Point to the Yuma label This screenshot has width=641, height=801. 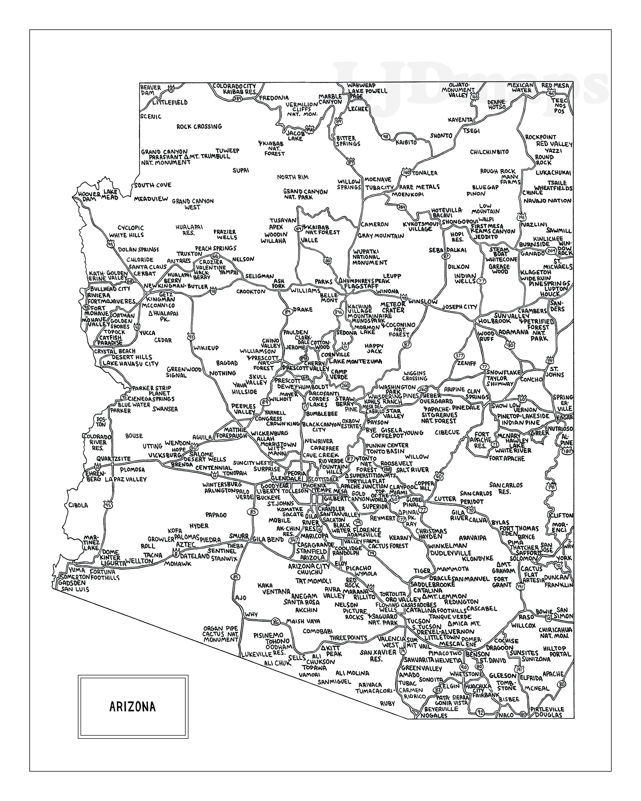[x=77, y=570]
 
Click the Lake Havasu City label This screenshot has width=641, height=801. [x=130, y=363]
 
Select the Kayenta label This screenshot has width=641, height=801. [x=460, y=120]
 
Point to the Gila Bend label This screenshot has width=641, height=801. [x=268, y=539]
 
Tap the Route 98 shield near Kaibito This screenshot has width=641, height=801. [x=385, y=137]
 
